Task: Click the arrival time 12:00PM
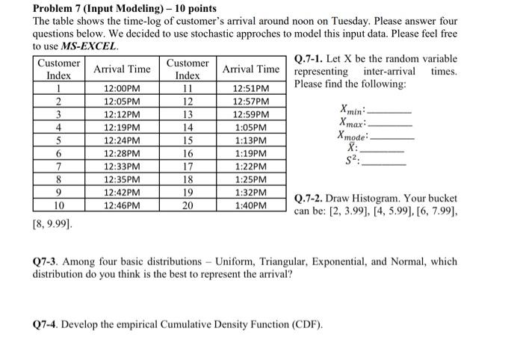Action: tap(122, 88)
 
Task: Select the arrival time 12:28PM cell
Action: tap(122, 153)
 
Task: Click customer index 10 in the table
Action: tap(59, 205)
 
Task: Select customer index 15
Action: tap(188, 140)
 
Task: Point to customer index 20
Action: tap(188, 205)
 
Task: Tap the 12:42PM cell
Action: tap(122, 192)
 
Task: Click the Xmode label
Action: tap(353, 136)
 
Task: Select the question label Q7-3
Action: tap(45, 262)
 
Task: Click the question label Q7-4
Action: tap(45, 325)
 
